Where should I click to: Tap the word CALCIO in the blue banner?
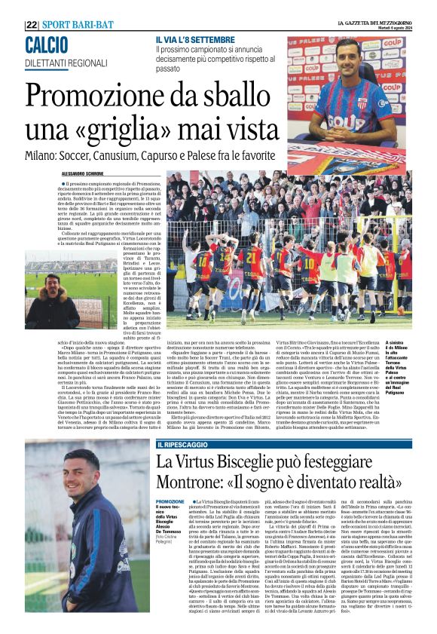(x=46, y=44)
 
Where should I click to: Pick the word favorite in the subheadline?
(x=257, y=155)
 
